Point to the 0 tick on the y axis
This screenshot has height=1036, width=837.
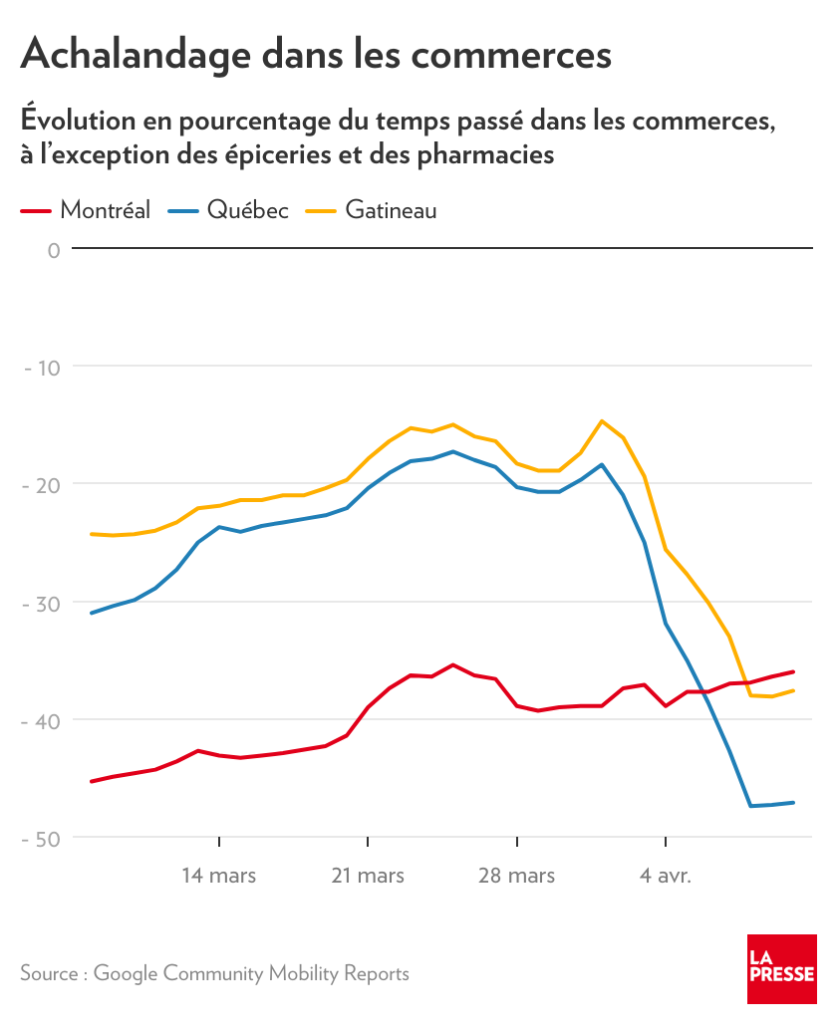tap(54, 249)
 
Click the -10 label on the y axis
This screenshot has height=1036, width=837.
tap(42, 368)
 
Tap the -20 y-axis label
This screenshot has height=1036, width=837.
tap(42, 485)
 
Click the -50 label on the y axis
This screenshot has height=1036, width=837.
tap(42, 839)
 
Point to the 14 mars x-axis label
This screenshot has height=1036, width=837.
tap(218, 876)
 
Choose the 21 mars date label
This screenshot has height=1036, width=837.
tap(368, 876)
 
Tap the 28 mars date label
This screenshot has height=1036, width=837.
tap(517, 876)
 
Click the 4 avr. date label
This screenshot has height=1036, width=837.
tap(666, 876)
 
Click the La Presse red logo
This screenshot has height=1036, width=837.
tap(782, 969)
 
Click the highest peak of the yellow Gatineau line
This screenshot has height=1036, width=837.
tap(602, 420)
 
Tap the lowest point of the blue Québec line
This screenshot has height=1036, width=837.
tap(751, 806)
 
